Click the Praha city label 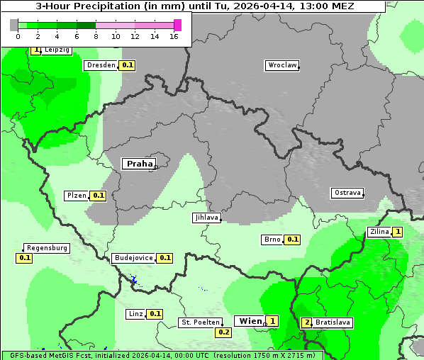pyautogui.click(x=139, y=164)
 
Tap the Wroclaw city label pyautogui.click(x=281, y=65)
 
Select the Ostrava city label pyautogui.click(x=347, y=193)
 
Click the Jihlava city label pyautogui.click(x=206, y=218)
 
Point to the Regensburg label pyautogui.click(x=47, y=248)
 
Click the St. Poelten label pyautogui.click(x=201, y=322)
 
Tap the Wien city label pyautogui.click(x=250, y=321)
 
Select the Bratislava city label pyautogui.click(x=333, y=322)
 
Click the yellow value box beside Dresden pyautogui.click(x=128, y=65)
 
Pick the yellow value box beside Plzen pyautogui.click(x=98, y=196)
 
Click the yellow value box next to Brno pyautogui.click(x=292, y=240)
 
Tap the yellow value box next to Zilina pyautogui.click(x=398, y=232)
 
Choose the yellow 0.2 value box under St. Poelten pyautogui.click(x=224, y=332)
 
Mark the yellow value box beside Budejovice pyautogui.click(x=165, y=258)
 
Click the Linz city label pyautogui.click(x=135, y=313)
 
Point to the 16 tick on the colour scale pyautogui.click(x=174, y=36)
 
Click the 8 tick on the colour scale pyautogui.click(x=96, y=36)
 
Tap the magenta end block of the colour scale pyautogui.click(x=177, y=25)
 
